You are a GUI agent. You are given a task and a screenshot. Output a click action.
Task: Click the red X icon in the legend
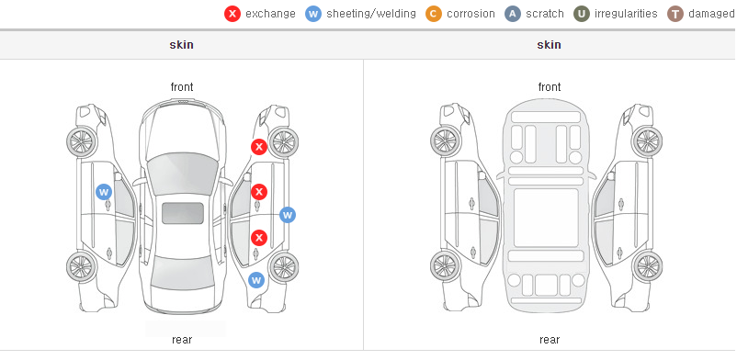(232, 14)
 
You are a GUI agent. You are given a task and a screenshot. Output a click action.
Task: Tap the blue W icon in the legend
(313, 14)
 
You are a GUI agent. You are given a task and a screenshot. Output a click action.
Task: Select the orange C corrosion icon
(434, 14)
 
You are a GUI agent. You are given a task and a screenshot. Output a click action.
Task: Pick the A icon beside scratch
(513, 14)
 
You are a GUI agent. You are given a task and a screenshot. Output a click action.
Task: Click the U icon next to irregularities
(582, 14)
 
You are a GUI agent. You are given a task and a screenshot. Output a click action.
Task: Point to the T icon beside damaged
(675, 14)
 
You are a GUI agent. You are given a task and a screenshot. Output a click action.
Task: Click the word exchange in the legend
(270, 14)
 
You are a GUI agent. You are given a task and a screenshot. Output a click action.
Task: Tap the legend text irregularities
(626, 14)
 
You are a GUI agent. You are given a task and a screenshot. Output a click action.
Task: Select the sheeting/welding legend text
(371, 14)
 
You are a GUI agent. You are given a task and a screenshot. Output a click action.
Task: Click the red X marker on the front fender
(258, 147)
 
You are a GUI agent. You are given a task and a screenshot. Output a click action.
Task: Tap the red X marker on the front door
(258, 192)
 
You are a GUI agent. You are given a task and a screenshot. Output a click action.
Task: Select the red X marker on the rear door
(258, 238)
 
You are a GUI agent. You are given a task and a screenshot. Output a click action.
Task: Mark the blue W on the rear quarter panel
(256, 281)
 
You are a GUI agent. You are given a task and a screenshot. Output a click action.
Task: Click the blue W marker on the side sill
(288, 215)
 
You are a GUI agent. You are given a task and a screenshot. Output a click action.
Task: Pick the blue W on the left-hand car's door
(104, 192)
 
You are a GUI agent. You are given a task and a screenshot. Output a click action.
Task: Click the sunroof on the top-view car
(183, 213)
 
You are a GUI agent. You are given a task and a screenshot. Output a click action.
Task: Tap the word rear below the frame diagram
(549, 340)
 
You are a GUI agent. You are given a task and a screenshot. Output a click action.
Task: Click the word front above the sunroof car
(182, 87)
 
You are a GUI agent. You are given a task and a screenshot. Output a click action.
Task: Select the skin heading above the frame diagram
(549, 45)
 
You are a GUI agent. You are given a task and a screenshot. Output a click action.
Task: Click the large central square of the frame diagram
(546, 218)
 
